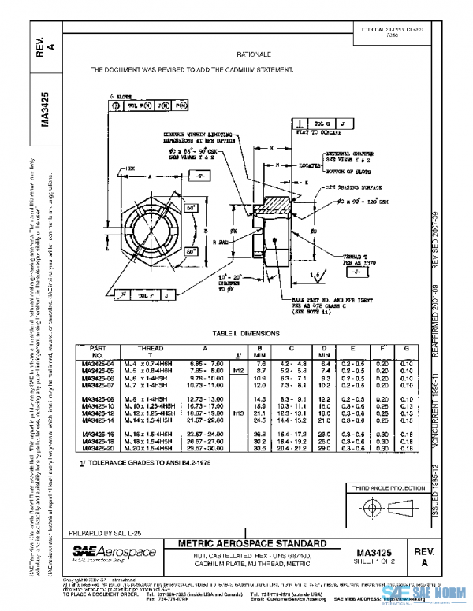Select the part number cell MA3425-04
pyautogui.click(x=97, y=364)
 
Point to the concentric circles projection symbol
pyautogui.click(x=367, y=506)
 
